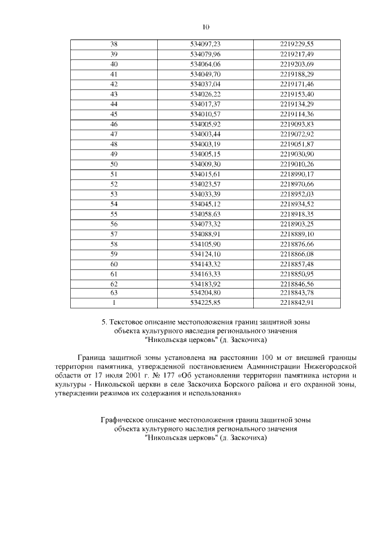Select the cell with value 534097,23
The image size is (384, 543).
[205, 44]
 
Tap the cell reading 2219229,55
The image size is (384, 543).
[296, 44]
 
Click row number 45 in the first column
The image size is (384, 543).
[114, 113]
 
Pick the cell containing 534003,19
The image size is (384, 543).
[205, 144]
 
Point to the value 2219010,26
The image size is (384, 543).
[296, 164]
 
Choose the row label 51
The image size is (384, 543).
[114, 174]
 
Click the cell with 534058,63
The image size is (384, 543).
[205, 214]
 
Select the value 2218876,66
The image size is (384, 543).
[296, 244]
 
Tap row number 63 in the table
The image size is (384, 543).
[114, 292]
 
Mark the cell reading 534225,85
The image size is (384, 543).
[205, 302]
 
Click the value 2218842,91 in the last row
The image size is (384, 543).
[296, 302]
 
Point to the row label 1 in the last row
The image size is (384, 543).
[114, 302]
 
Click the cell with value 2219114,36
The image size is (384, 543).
[296, 113]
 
